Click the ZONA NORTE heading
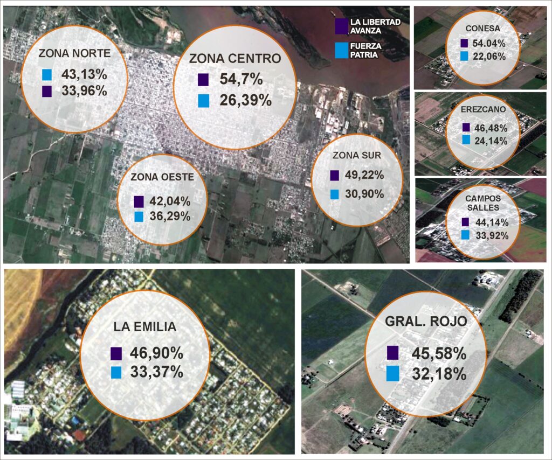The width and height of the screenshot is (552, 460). (74, 53)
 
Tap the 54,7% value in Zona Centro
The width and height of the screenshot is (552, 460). (241, 79)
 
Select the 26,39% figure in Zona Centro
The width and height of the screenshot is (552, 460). (246, 101)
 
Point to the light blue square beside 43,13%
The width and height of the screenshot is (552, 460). (47, 74)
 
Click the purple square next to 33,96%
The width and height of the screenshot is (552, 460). (47, 92)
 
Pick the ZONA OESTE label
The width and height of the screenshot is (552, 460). (162, 177)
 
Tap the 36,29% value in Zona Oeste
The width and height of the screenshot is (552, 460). (170, 217)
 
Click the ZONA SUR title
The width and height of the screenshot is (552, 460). (357, 155)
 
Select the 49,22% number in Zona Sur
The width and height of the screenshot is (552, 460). (364, 175)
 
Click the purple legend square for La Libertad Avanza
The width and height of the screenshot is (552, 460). (341, 26)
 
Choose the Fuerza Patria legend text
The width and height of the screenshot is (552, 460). (366, 50)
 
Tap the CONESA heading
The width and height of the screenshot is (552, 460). (482, 29)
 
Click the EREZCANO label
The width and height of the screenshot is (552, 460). (483, 109)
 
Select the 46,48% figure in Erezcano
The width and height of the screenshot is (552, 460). (491, 128)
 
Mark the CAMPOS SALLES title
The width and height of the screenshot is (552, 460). (483, 203)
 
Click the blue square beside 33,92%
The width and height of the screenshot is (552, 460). (465, 235)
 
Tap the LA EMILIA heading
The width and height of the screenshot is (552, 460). (144, 327)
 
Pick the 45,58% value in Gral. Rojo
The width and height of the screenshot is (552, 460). (439, 353)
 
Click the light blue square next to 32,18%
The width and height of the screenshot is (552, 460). (392, 373)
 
